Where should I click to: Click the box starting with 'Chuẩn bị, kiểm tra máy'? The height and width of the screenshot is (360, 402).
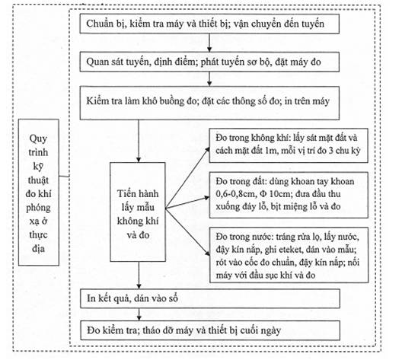point(209,24)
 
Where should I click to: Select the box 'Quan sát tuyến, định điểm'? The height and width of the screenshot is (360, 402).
point(209,62)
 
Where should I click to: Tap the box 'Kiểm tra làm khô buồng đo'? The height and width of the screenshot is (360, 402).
point(209,103)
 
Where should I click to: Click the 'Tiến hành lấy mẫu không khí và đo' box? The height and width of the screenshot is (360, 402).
point(138,212)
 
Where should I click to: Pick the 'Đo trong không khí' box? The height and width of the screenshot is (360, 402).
point(289,145)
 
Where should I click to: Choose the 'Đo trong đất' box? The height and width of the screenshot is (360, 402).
point(289,195)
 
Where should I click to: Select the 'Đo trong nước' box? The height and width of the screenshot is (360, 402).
point(289,255)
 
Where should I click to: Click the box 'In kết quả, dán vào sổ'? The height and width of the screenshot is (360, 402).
point(210,298)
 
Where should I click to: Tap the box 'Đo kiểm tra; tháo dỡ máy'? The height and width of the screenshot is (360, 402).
point(210,330)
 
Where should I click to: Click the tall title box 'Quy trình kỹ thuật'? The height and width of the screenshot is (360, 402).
point(39,192)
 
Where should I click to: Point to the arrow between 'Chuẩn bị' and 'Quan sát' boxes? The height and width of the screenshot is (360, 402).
point(209,43)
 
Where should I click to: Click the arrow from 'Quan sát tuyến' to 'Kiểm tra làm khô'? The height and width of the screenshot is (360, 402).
point(209,79)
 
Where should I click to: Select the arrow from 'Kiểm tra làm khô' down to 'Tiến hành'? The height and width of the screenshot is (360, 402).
point(139,141)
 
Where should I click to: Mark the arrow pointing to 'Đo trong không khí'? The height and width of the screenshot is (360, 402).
point(187,178)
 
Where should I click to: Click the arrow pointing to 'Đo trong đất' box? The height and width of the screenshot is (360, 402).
point(187,202)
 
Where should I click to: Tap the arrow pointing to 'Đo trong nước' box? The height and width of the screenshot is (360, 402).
point(187,231)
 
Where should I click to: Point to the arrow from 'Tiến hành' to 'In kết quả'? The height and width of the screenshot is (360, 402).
point(139,276)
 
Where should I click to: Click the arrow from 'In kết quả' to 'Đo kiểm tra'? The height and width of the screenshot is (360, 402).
point(139,314)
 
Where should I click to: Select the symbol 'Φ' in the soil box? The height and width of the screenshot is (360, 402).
point(263,194)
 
